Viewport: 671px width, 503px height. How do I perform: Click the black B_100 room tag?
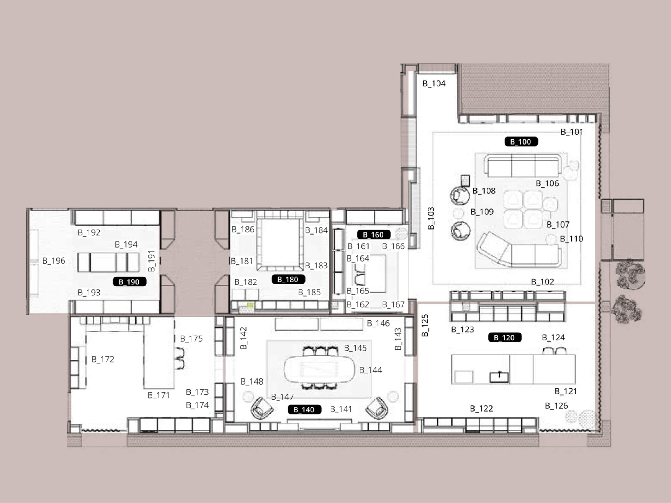coord(521,142)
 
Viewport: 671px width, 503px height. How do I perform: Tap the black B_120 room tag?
coord(505,338)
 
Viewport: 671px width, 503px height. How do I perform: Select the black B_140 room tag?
coord(304,410)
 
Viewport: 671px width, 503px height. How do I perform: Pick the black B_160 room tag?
coord(374,235)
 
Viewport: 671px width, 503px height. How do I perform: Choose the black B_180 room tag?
coord(288,279)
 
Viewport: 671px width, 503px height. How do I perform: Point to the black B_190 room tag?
coord(129,282)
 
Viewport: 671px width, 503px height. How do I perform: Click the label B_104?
coord(434,84)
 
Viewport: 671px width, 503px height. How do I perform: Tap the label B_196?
coord(54,261)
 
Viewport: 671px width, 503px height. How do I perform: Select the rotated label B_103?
coord(431,218)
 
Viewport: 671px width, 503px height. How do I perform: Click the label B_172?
coord(103,359)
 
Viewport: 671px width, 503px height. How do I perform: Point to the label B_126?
coord(556,406)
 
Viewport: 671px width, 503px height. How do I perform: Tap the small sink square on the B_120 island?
coord(499,377)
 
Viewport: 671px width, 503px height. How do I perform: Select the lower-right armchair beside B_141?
coord(377,408)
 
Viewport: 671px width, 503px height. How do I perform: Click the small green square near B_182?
coord(250,305)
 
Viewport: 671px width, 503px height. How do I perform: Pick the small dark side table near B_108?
coord(465,181)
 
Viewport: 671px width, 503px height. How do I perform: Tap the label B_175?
coord(191,339)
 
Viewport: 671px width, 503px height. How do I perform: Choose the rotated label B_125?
coord(425,325)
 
